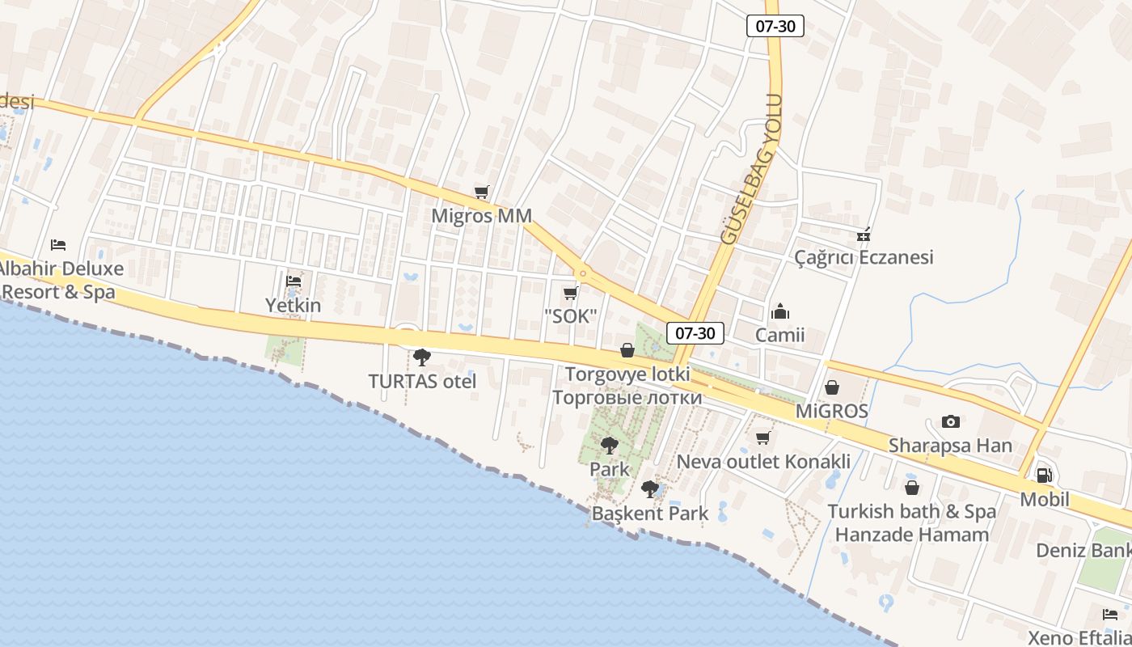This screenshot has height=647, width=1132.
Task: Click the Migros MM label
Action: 482,216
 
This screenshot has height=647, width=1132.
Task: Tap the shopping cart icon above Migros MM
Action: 482,192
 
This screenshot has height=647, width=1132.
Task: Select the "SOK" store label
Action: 570,316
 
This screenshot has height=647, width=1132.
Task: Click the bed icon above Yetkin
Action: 294,281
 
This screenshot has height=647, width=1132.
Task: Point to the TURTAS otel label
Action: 422,381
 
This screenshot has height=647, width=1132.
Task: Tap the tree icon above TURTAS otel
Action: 421,357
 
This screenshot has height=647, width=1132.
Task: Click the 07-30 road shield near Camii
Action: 695,332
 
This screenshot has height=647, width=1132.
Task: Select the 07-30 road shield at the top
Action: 775,26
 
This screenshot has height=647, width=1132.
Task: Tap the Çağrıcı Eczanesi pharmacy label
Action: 864,257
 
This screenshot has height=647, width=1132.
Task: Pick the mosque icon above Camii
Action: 780,311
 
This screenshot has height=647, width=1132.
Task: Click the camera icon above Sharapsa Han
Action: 951,421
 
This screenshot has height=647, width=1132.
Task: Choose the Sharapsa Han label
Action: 950,446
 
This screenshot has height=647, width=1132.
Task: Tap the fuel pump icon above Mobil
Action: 1044,476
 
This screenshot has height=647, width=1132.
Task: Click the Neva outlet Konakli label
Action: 763,462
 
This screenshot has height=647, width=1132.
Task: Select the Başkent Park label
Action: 650,513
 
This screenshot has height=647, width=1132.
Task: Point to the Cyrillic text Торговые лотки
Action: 627,397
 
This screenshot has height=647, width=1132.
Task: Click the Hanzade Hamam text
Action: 912,535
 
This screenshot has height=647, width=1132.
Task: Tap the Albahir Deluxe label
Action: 61,269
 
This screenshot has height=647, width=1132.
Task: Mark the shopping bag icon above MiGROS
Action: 831,388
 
